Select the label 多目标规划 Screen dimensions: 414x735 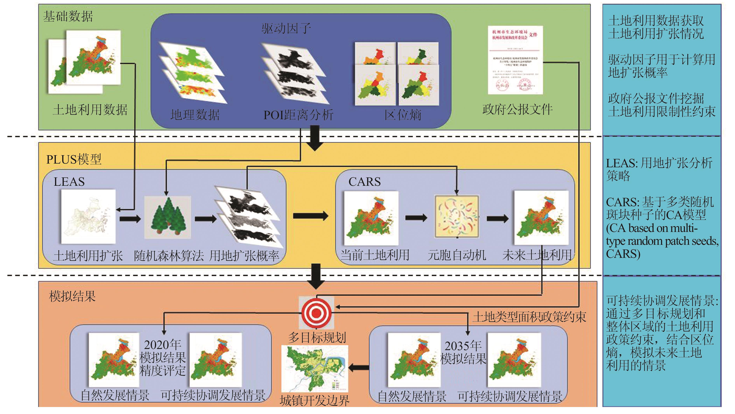tap(317, 338)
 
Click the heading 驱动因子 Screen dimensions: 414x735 tap(286, 29)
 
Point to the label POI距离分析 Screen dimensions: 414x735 tap(298, 115)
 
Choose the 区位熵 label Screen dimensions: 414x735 tap(402, 115)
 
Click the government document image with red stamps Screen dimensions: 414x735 tap(515, 60)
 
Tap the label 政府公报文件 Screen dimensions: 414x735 tap(517, 109)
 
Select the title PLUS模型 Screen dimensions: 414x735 tap(74, 159)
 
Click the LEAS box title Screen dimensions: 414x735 tap(69, 182)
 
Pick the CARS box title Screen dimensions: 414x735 tap(364, 182)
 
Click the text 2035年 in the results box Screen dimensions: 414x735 tap(463, 346)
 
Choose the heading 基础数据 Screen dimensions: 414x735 tap(68, 16)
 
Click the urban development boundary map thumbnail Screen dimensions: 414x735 tap(315, 369)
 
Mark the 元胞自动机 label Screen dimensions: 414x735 tap(457, 255)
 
